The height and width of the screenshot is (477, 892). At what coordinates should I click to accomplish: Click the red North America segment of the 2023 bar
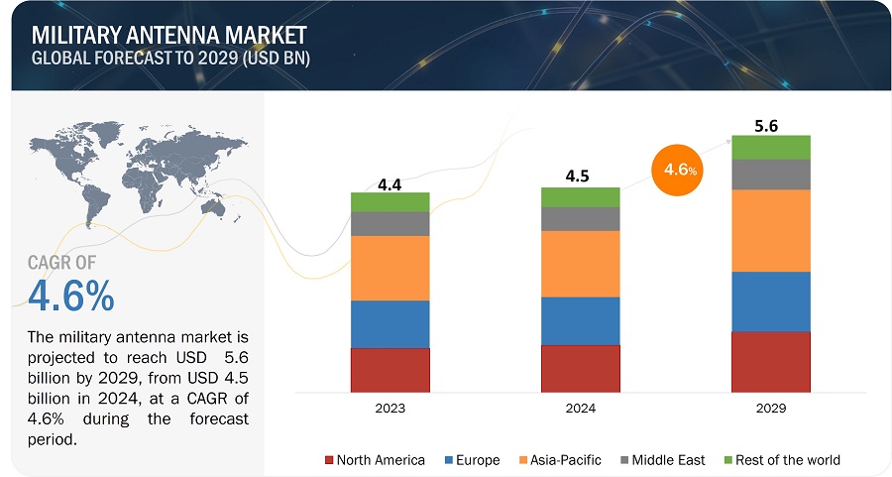tap(390, 369)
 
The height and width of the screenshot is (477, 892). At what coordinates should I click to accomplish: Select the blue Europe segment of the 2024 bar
tap(580, 320)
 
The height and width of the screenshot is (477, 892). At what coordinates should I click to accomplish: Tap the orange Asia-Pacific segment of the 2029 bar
tap(770, 230)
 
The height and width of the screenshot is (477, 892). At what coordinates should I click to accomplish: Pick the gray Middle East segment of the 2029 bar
tap(770, 175)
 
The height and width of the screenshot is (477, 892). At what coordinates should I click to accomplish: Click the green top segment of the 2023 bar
tap(390, 202)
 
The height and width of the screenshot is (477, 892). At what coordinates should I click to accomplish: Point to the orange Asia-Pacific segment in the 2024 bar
tap(580, 264)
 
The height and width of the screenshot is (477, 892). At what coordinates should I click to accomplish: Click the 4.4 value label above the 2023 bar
tap(390, 183)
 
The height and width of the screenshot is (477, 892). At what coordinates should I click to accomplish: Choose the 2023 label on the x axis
tap(390, 408)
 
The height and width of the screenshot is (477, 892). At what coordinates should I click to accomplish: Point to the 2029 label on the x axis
tap(770, 408)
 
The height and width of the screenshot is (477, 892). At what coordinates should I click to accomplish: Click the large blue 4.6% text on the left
tap(71, 296)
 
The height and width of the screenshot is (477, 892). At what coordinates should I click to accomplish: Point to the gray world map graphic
tap(129, 179)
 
